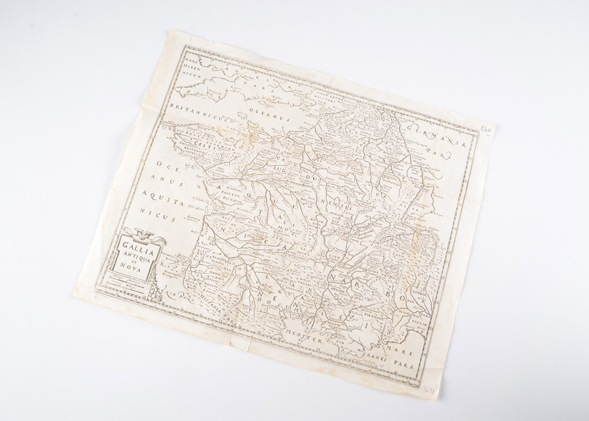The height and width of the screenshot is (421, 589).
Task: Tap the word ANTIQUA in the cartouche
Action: (139, 259)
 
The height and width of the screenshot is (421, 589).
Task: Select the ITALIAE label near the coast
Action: (418, 325)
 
